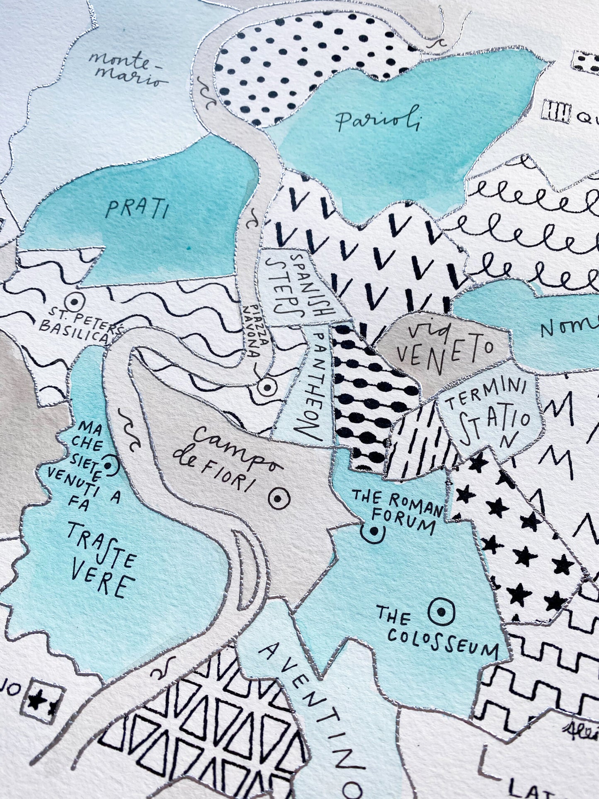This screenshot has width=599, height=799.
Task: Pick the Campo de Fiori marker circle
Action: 278,498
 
